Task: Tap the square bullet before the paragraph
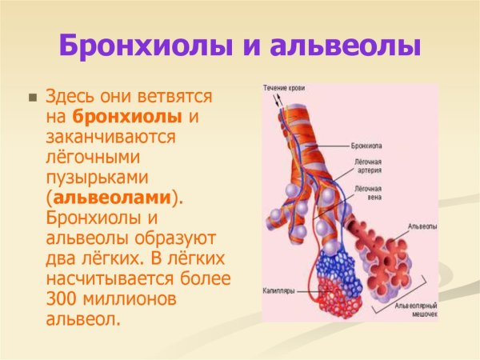pyautogui.click(x=33, y=98)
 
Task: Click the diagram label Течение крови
pyautogui.click(x=284, y=87)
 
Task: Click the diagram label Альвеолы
pyautogui.click(x=422, y=226)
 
